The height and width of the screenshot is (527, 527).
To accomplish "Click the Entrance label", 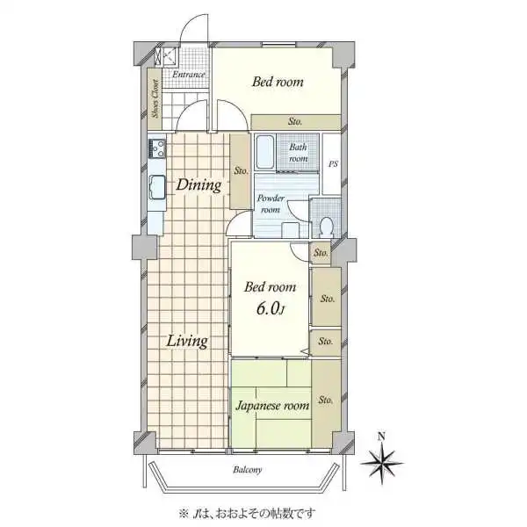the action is [189, 75].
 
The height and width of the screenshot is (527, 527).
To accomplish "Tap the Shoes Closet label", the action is [155, 98].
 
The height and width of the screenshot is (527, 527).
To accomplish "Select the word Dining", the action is [199, 184].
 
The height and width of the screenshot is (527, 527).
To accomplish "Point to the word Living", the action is [187, 341].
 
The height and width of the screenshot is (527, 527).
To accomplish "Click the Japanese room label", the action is [272, 405].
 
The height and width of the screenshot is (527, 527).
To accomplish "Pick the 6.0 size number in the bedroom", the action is [271, 308].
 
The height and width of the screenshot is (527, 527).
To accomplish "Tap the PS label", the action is [333, 164].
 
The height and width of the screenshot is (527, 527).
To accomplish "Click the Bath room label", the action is [298, 153].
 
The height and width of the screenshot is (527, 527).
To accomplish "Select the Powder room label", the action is [271, 204].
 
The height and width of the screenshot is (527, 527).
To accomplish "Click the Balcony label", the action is [248, 470].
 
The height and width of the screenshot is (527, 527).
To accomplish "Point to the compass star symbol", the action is [382, 464].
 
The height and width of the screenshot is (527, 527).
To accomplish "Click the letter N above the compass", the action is [381, 437].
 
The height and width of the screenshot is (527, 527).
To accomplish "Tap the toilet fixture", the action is [326, 227].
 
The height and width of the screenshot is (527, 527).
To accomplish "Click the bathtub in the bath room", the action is [265, 152].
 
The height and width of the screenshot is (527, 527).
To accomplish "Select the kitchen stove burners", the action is [157, 149].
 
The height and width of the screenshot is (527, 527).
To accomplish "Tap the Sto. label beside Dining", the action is [241, 170].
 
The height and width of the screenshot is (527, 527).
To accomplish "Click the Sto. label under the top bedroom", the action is [295, 121].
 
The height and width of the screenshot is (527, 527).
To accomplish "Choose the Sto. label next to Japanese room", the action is [325, 400].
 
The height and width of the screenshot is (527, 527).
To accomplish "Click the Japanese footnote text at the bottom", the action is [247, 513].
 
